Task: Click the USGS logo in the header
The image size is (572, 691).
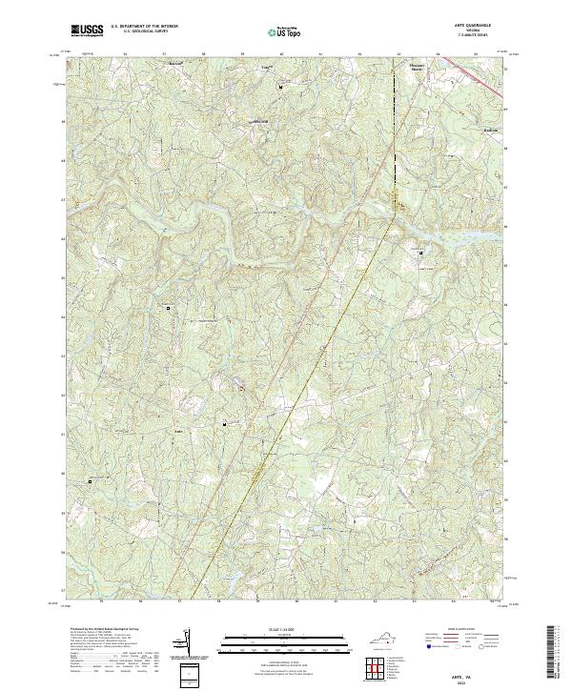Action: (88, 30)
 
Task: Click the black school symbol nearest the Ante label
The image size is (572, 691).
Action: (225, 423)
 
